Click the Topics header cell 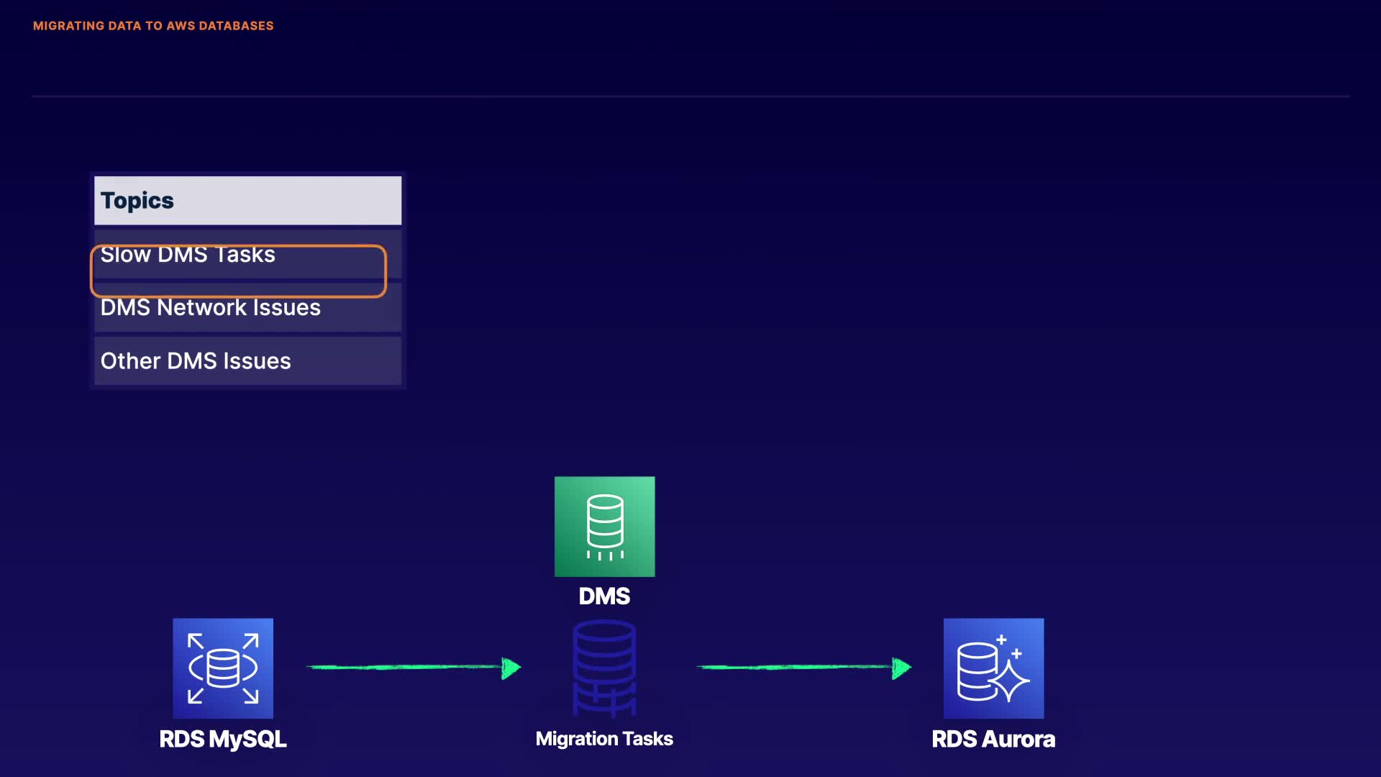(247, 200)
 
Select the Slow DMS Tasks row (247, 254)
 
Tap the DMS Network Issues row (247, 307)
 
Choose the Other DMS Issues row (247, 360)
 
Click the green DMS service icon (604, 527)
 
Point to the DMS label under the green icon (604, 596)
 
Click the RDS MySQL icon (223, 668)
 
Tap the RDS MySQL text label (223, 740)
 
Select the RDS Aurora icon (993, 668)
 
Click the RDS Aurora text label (993, 739)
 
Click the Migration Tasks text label (604, 739)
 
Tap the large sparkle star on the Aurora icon (1010, 680)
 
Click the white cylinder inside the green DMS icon (605, 521)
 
